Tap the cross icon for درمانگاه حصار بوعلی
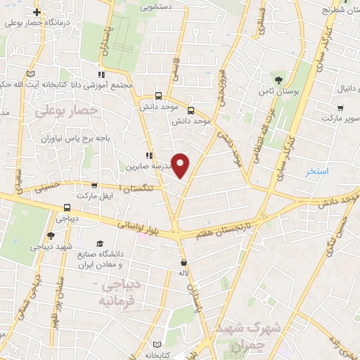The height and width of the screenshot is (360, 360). pos(37,12)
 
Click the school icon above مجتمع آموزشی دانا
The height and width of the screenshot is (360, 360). pos(102,74)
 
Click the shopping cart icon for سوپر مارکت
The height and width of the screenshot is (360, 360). pos(340,108)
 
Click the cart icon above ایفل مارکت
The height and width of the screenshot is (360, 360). pos(94,186)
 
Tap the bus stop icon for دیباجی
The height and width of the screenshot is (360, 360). pos(67,207)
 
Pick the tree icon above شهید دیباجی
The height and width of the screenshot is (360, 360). pos(51,236)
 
